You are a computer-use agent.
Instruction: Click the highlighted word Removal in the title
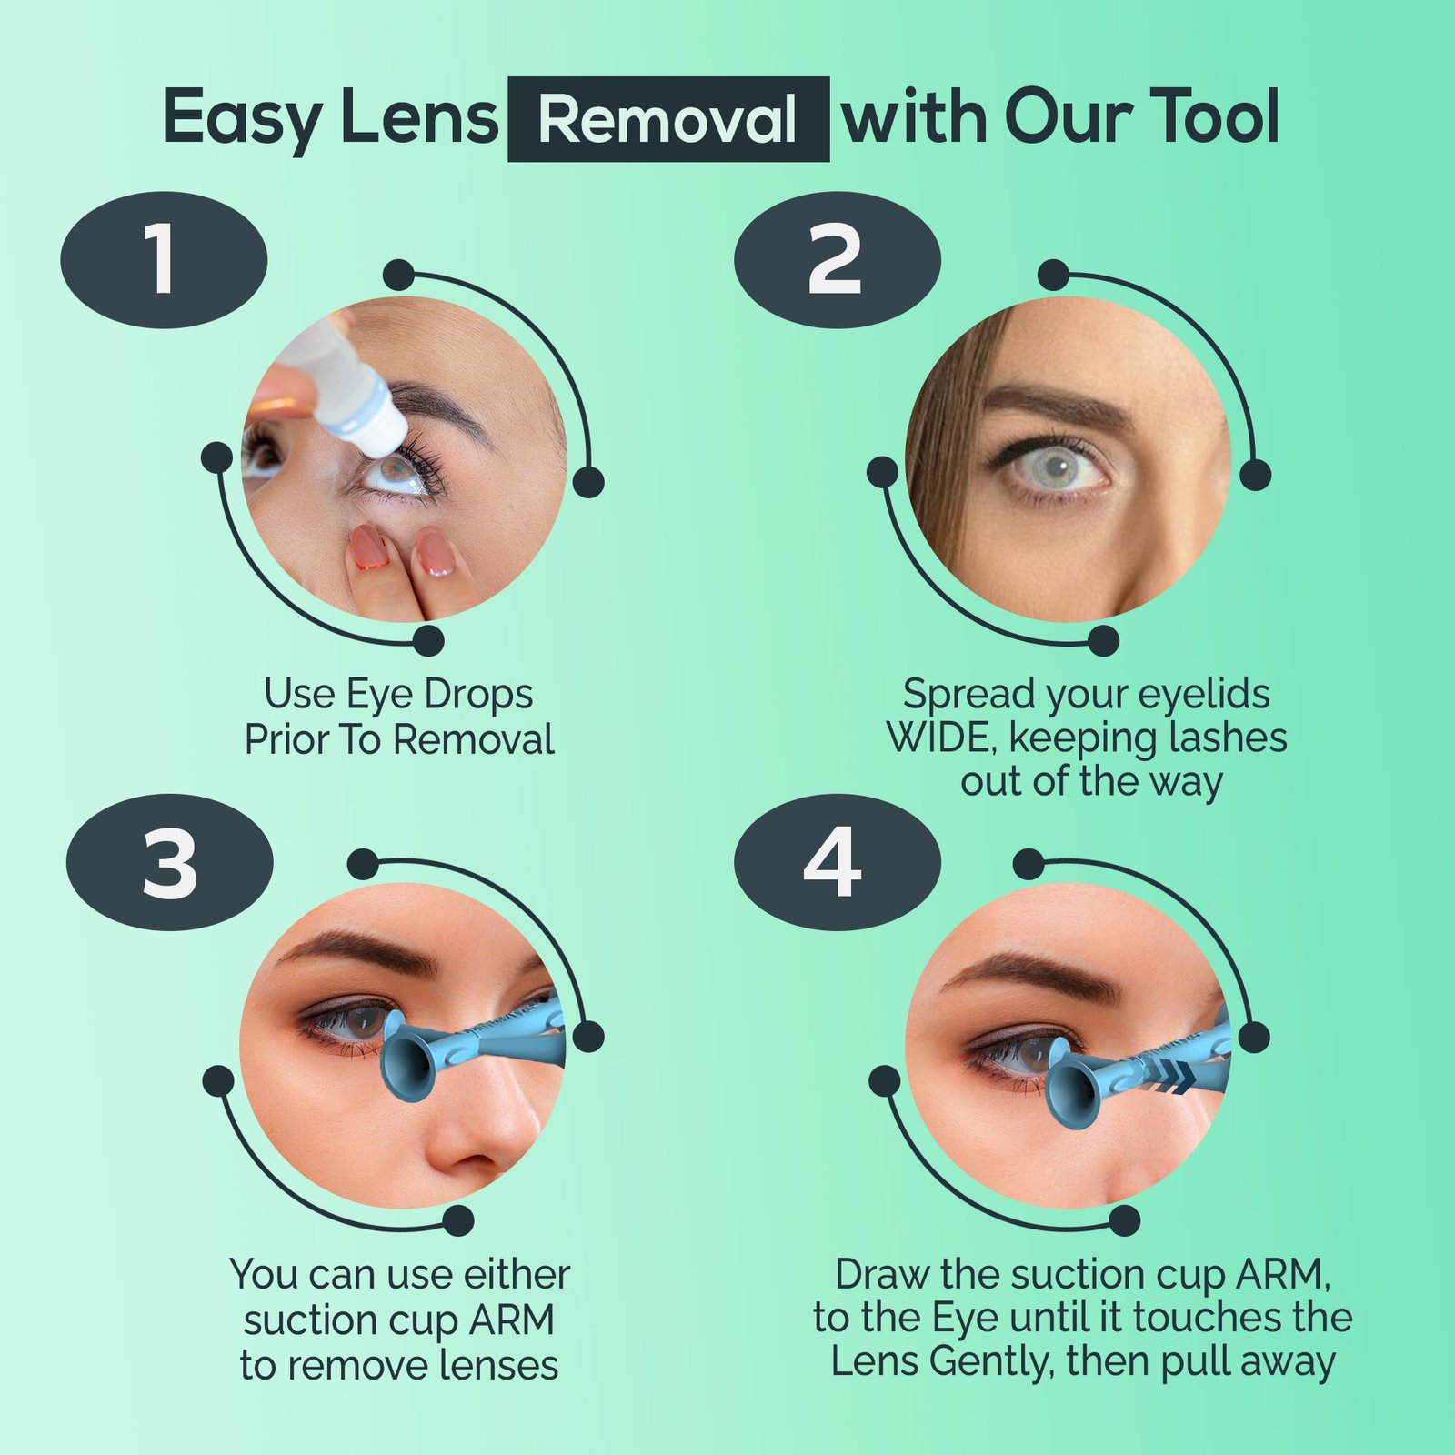tap(667, 119)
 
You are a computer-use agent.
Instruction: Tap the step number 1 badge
tap(164, 260)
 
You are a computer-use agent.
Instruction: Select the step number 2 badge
tap(837, 260)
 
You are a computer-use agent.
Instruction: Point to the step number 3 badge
tap(170, 862)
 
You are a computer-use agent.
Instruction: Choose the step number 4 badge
tap(837, 862)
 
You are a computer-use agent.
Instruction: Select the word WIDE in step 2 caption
tap(940, 738)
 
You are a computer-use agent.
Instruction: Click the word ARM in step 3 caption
tap(511, 1320)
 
